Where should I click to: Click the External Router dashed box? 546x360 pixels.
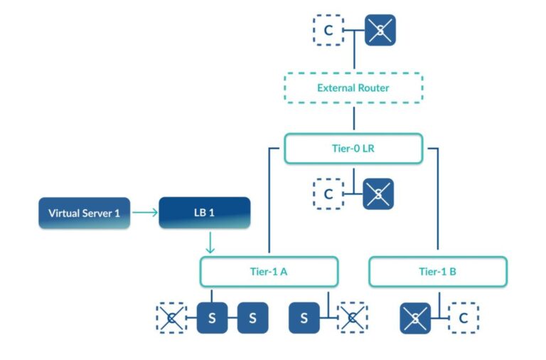[353, 88]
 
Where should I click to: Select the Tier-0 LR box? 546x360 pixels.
[353, 149]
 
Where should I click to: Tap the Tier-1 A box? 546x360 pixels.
[268, 272]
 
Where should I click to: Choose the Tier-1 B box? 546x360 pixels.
[437, 272]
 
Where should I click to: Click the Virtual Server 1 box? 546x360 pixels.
[84, 213]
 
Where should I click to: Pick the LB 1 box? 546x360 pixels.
[204, 213]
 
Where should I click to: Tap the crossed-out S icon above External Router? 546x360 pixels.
[380, 31]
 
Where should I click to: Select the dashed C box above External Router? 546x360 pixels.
[328, 31]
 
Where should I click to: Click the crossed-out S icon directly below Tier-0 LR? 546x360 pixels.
[378, 194]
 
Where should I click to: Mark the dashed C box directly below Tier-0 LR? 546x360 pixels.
[328, 194]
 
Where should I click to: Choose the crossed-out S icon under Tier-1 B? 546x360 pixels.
[415, 318]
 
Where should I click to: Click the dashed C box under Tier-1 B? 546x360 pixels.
[463, 318]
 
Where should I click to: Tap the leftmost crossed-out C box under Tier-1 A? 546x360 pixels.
[171, 318]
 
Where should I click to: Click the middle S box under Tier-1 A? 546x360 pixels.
[252, 318]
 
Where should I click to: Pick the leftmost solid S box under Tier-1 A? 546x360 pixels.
[211, 318]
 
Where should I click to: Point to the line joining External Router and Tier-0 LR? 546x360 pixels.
[353, 118]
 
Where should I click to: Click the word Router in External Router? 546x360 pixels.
[374, 88]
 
